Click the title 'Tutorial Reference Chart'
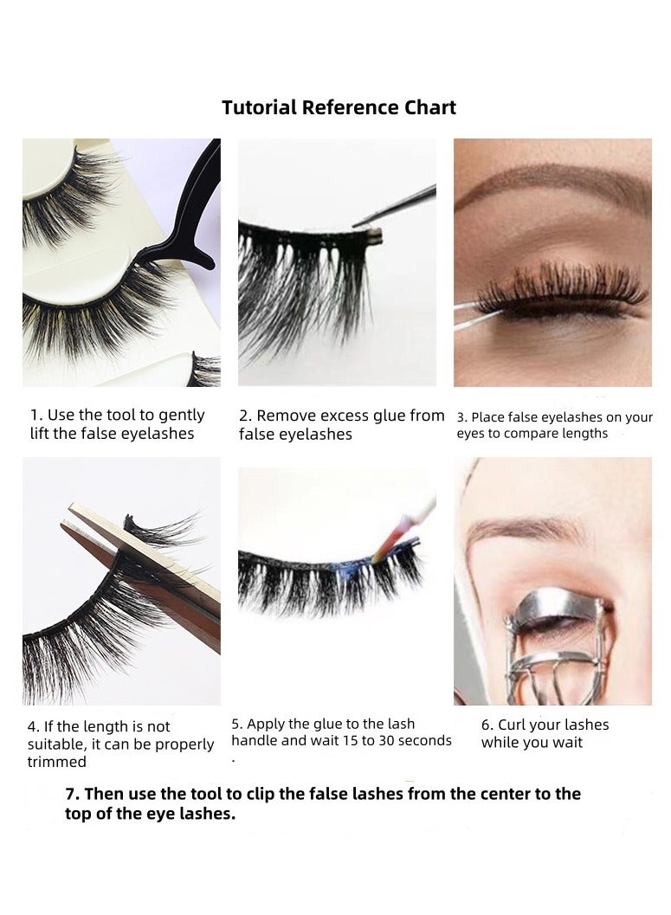[x=339, y=108]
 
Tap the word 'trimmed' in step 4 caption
[x=57, y=763]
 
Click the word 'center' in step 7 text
[x=483, y=795]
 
